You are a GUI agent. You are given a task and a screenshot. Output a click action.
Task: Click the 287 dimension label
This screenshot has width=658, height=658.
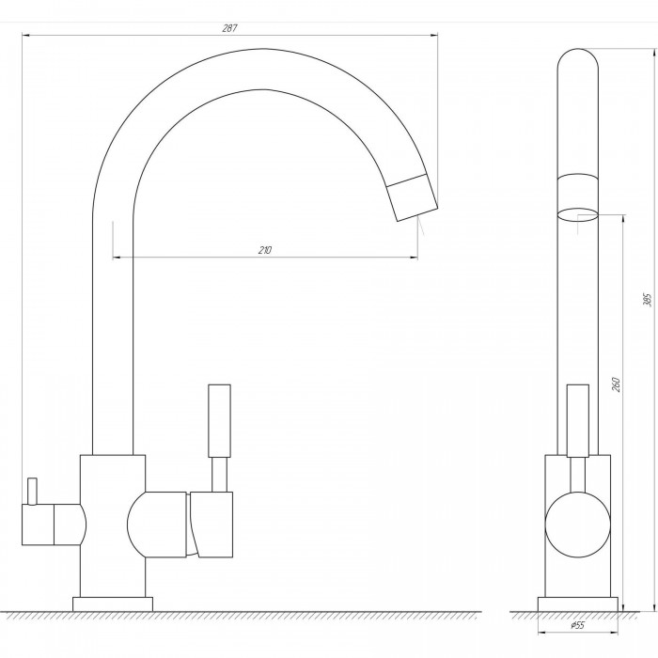click(x=229, y=28)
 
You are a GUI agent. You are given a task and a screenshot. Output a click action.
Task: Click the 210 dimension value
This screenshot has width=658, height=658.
click(x=265, y=251)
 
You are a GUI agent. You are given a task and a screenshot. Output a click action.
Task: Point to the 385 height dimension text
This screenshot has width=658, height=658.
click(x=647, y=300)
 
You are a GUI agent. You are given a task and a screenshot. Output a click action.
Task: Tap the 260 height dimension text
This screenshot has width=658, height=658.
click(x=616, y=384)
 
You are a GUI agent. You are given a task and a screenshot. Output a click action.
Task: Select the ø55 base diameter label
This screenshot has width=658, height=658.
click(x=577, y=626)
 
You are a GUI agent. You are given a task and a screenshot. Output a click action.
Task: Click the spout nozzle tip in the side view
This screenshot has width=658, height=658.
click(x=412, y=196)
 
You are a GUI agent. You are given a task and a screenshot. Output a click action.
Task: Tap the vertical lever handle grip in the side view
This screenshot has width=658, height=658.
click(x=219, y=420)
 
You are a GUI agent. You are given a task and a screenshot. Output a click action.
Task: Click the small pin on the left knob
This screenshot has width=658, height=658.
click(x=32, y=490)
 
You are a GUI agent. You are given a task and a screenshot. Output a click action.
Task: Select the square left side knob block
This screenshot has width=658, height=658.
click(x=38, y=525)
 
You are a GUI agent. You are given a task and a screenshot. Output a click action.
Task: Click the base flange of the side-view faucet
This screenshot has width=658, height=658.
click(x=577, y=603)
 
